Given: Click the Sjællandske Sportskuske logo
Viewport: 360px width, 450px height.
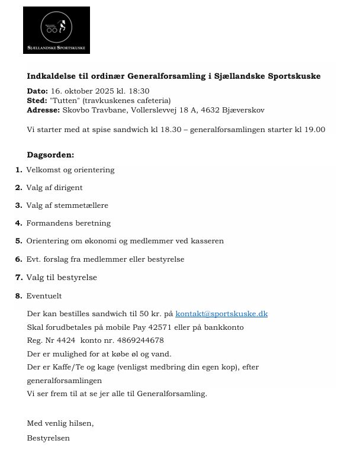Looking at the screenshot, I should point(56,30).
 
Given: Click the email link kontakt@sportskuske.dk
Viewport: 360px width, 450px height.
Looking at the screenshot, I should point(221,313).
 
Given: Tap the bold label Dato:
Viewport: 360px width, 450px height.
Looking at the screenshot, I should point(37,91).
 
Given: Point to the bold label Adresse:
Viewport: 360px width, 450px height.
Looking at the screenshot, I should point(43,110).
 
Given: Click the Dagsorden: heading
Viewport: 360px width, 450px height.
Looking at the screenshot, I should point(50,155).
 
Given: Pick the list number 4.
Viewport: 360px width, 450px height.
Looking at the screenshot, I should point(18,223).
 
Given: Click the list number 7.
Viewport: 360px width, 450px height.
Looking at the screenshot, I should point(18,277).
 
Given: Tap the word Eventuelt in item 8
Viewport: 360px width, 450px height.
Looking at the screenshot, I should point(44,295).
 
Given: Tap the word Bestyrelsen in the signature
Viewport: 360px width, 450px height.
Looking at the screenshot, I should point(48,438).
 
